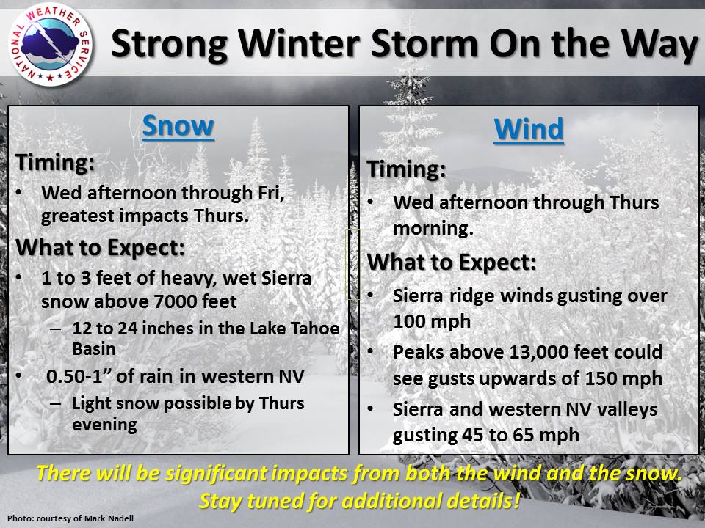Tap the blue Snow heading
[178, 126]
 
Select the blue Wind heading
[529, 129]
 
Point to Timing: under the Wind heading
[406, 169]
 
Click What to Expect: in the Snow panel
[101, 247]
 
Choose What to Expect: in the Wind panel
[452, 262]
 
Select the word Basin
[94, 349]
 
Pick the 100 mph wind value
[432, 321]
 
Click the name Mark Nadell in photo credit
[111, 518]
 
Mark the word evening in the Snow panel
[104, 425]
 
